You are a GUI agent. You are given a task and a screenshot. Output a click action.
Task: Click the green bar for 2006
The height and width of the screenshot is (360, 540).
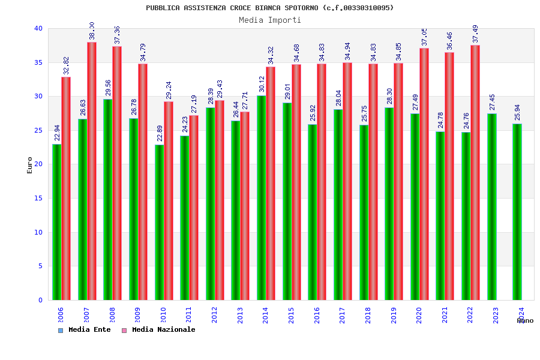[56, 222]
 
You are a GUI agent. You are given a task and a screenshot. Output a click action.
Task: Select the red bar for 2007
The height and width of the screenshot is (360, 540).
[92, 171]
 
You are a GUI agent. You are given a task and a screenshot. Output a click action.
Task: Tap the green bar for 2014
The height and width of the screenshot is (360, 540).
[261, 198]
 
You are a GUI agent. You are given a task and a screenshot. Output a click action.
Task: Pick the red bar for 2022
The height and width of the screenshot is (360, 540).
[475, 173]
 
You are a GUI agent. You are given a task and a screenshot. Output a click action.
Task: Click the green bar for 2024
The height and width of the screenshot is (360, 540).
[517, 212]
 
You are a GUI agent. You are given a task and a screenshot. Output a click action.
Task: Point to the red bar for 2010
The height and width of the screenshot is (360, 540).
[169, 201]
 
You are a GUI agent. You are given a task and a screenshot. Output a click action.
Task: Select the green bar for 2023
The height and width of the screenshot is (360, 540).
[492, 207]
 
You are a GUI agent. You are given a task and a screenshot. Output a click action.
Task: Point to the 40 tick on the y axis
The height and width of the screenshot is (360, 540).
[38, 28]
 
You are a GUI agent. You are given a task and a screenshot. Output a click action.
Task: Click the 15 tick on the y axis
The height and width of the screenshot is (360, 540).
[38, 198]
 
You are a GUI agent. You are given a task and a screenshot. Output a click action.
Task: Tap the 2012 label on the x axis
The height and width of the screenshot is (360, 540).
[214, 316]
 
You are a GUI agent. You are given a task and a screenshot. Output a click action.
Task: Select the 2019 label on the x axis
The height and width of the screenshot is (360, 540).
[394, 316]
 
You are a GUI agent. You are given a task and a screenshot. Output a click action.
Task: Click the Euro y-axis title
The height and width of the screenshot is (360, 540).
[30, 165]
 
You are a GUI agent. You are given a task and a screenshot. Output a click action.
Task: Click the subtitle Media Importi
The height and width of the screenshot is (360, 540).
[270, 20]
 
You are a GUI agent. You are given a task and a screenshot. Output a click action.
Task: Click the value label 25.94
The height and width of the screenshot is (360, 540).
[517, 112]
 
